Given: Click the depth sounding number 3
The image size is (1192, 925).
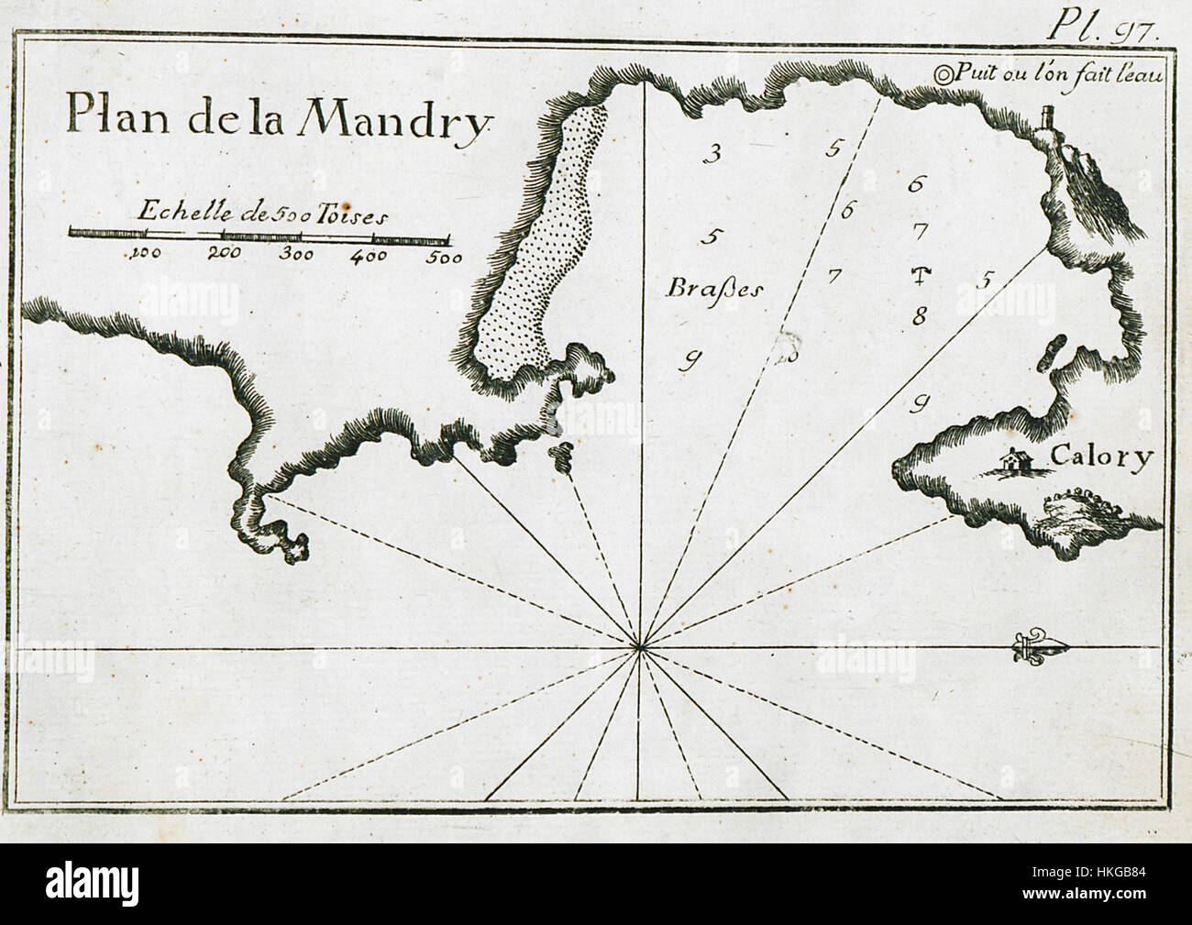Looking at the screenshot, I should click(710, 153).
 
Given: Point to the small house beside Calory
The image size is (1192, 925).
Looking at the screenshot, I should click(1012, 463).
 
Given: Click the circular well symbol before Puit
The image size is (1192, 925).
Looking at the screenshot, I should click(943, 75).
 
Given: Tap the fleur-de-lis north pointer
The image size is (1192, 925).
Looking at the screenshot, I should click(1040, 649).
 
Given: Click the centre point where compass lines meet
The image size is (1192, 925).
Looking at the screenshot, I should click(639, 649).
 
